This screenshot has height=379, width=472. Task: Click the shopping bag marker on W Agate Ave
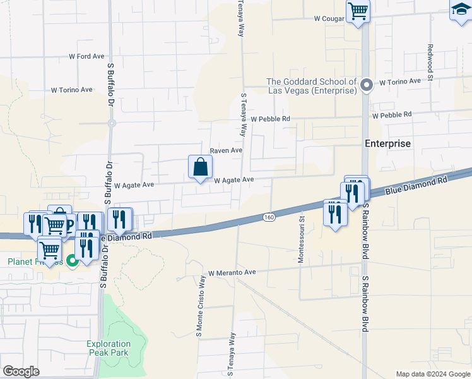tap(200, 168)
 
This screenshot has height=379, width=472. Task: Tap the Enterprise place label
tap(387, 143)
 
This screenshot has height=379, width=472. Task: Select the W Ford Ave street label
tap(86, 56)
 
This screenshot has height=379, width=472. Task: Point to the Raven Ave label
tap(226, 150)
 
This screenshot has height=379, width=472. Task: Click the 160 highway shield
tap(268, 217)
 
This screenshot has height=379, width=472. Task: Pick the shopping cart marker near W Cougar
tap(358, 11)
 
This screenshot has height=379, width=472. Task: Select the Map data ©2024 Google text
tap(432, 374)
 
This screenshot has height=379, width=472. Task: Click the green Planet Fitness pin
tap(72, 260)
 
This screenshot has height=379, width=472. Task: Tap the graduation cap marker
tap(461, 11)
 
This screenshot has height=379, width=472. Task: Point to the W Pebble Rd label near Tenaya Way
tap(270, 119)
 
